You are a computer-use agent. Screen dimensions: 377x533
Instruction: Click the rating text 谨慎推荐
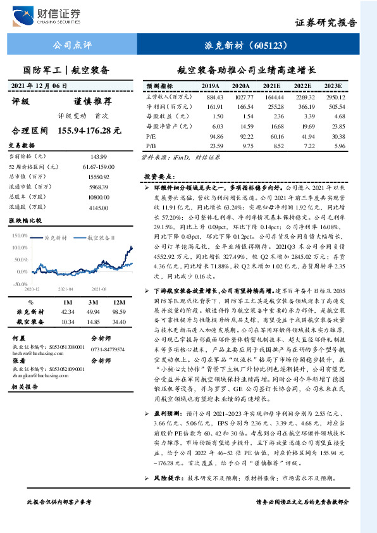[x=92, y=101]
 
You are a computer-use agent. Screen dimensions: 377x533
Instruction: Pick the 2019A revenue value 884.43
[x=215, y=97]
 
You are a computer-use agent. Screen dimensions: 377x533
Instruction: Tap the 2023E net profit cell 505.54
[x=334, y=107]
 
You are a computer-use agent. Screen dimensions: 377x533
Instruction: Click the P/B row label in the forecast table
[x=151, y=146]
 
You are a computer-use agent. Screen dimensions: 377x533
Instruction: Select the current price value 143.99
[x=100, y=156]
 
